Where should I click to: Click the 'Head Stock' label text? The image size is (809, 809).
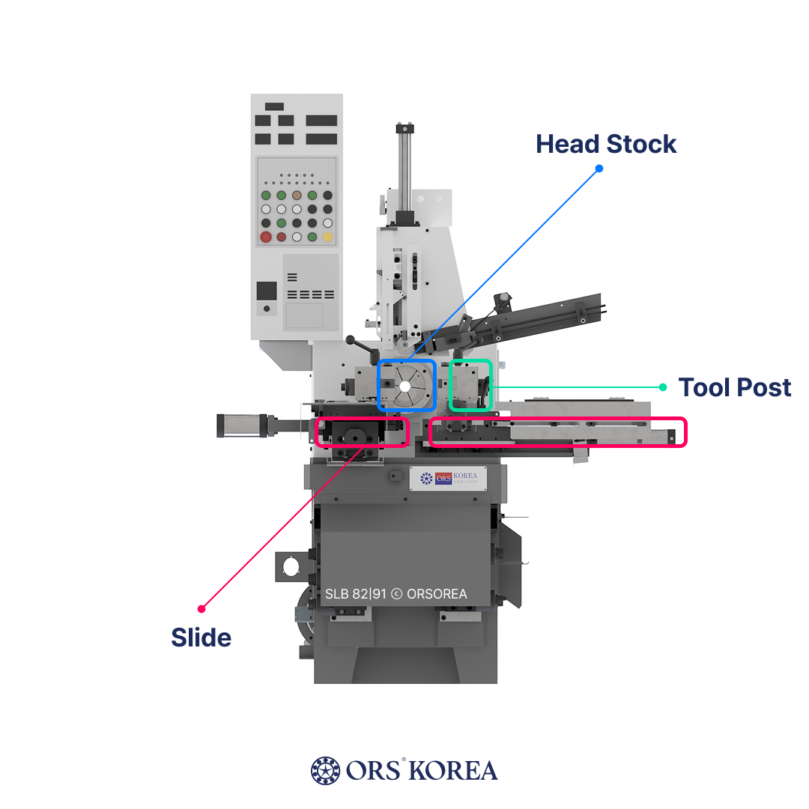pyautogui.click(x=606, y=144)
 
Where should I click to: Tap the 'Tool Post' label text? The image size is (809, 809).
pyautogui.click(x=734, y=387)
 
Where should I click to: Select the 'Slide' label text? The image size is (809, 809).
pyautogui.click(x=201, y=637)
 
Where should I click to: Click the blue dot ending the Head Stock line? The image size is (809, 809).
pyautogui.click(x=599, y=169)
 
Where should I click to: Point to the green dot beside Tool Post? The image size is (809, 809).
pyautogui.click(x=662, y=387)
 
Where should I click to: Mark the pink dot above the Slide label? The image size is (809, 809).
pyautogui.click(x=201, y=608)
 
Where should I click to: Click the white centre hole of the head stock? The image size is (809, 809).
pyautogui.click(x=405, y=387)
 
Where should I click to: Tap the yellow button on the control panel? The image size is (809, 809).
pyautogui.click(x=327, y=237)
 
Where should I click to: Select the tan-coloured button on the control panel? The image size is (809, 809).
pyautogui.click(x=297, y=195)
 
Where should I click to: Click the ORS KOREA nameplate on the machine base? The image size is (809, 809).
pyautogui.click(x=448, y=479)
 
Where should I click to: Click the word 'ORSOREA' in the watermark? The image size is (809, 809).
pyautogui.click(x=437, y=594)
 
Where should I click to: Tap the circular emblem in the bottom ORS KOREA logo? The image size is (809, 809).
pyautogui.click(x=324, y=770)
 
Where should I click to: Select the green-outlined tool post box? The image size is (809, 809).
pyautogui.click(x=470, y=385)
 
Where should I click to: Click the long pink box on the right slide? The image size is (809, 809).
pyautogui.click(x=558, y=432)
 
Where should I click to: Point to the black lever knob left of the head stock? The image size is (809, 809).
pyautogui.click(x=352, y=342)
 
